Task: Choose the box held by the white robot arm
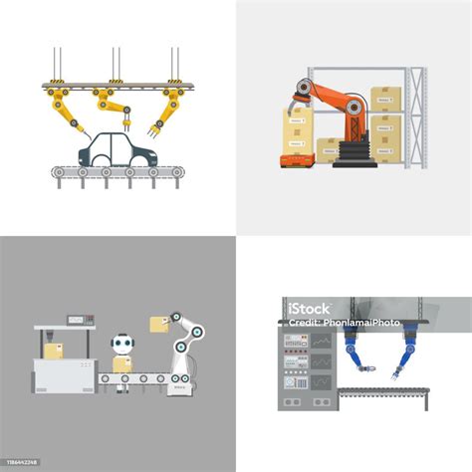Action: [157, 324]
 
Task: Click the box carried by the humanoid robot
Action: [122, 365]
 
